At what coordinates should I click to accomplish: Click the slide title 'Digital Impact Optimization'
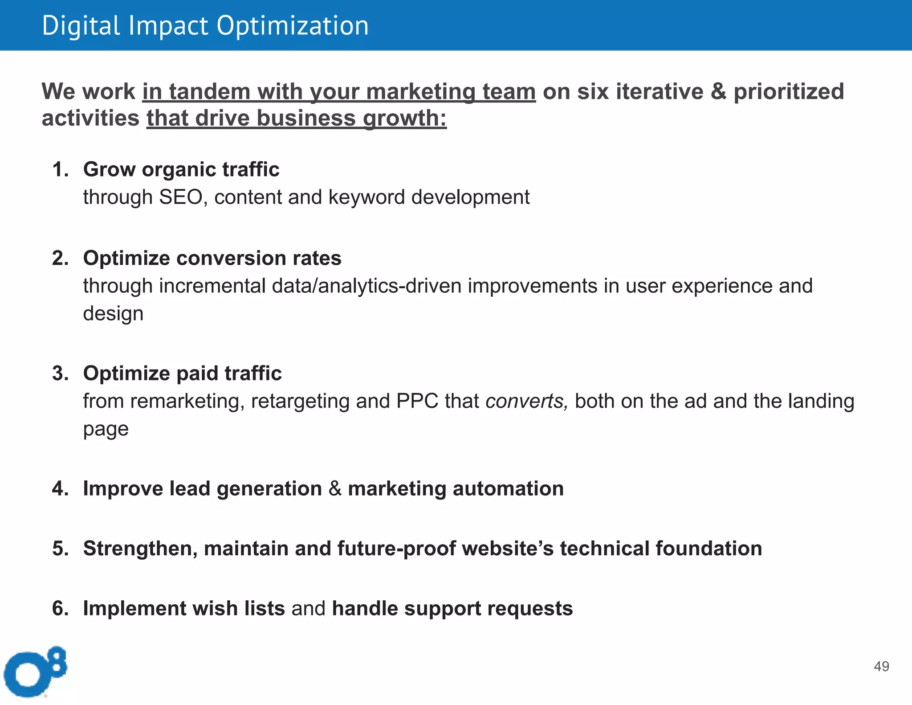tap(205, 25)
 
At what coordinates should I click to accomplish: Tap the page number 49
tap(881, 666)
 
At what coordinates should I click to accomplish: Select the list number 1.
tap(60, 170)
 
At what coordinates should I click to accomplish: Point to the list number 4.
tap(60, 489)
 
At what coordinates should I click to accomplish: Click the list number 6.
tap(60, 609)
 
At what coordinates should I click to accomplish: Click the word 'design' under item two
tap(113, 313)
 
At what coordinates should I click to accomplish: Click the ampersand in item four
tap(335, 489)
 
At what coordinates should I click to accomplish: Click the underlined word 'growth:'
tap(404, 119)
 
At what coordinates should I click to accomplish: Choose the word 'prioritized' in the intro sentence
tap(788, 92)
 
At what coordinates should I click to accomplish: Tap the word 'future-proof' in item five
tap(396, 549)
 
